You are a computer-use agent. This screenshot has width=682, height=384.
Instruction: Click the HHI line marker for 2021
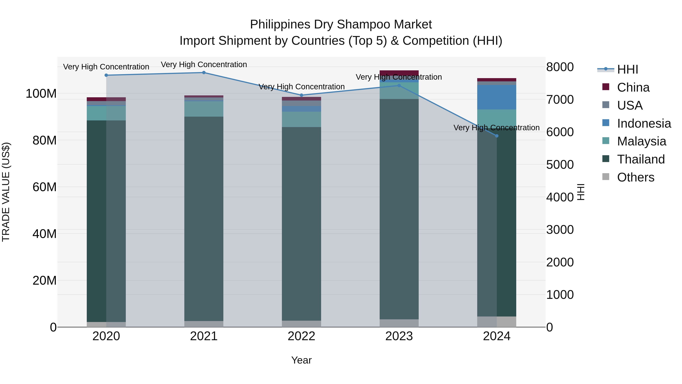click(204, 73)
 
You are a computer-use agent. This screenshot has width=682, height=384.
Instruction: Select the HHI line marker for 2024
click(497, 136)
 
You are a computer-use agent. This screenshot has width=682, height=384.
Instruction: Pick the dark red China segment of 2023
click(399, 73)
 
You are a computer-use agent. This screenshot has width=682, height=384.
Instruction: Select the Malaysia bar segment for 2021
click(204, 109)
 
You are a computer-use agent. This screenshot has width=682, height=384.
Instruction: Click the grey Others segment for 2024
click(497, 322)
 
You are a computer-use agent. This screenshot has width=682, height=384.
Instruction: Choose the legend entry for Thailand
click(641, 159)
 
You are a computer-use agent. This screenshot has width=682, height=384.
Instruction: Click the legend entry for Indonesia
click(644, 123)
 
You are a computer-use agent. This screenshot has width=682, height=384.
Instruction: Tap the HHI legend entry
click(627, 69)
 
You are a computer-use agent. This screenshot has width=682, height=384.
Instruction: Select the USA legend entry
click(630, 105)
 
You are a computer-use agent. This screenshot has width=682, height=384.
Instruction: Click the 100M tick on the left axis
click(41, 93)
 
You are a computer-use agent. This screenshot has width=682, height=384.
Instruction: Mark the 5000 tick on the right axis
click(560, 165)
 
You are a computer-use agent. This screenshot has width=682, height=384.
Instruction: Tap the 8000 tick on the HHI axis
click(560, 67)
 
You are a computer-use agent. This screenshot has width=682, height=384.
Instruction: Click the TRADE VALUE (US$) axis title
click(6, 192)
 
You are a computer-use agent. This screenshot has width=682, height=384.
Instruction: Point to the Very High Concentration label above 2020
click(106, 67)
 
